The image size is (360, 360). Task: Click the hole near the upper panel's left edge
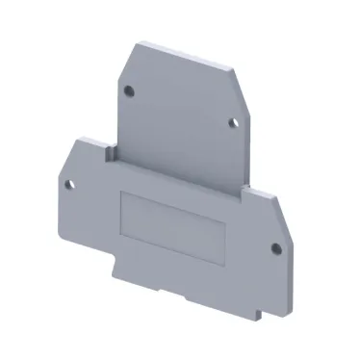coord(132,91)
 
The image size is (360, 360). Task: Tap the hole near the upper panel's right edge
coord(231,122)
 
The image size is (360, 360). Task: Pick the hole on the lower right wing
coord(276,247)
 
